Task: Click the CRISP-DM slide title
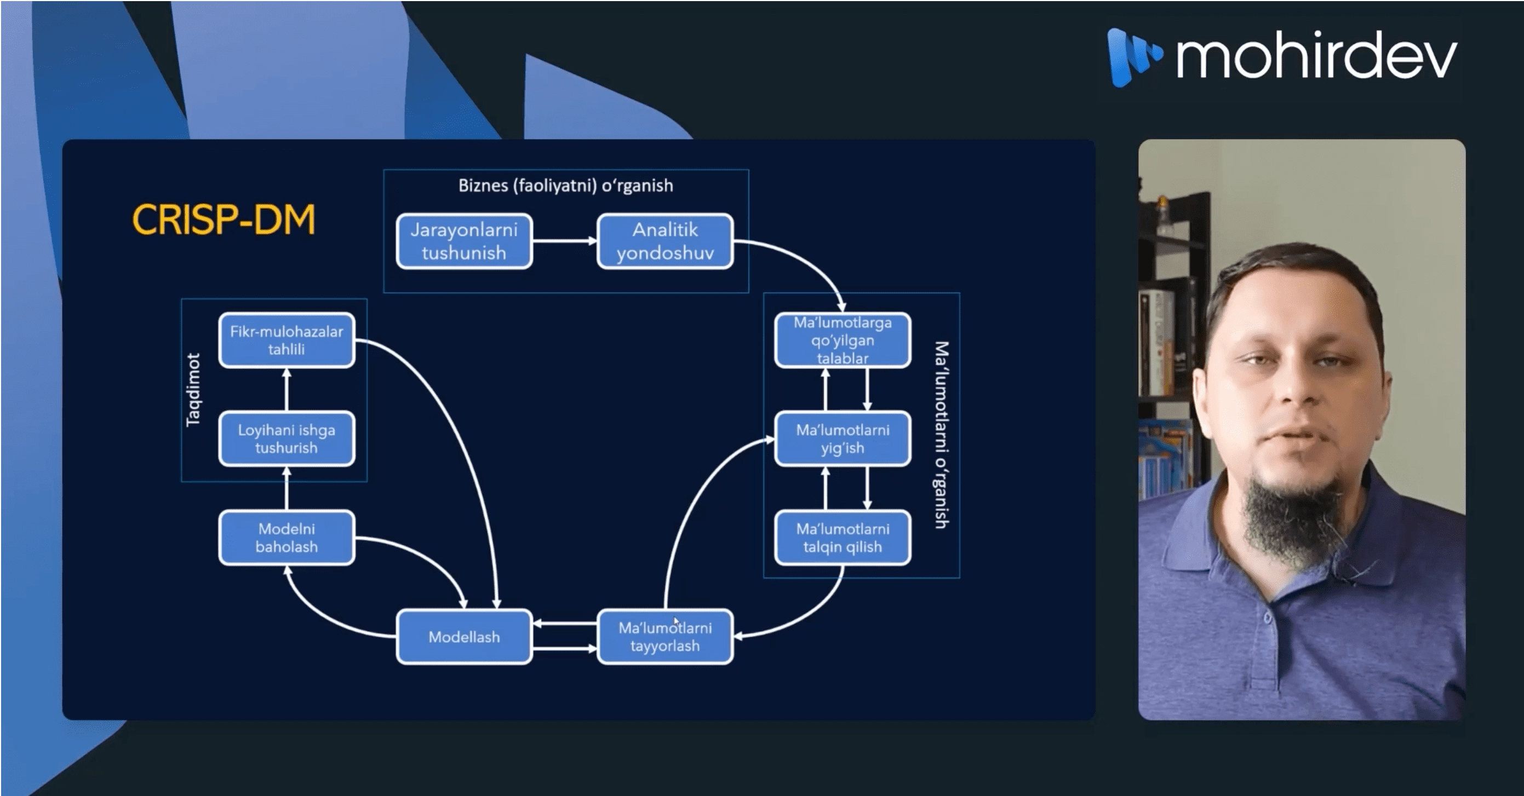(223, 220)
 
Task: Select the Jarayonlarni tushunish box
(464, 241)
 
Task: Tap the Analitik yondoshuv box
(665, 241)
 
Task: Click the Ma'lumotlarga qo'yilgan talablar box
(843, 340)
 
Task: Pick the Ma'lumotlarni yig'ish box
(843, 439)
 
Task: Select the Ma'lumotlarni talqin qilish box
(843, 538)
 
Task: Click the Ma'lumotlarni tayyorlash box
(665, 636)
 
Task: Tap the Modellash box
(464, 636)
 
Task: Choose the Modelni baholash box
(287, 538)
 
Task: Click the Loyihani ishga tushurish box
(287, 439)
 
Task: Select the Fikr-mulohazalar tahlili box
(287, 340)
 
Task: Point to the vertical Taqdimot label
(193, 390)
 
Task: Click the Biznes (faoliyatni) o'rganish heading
(565, 186)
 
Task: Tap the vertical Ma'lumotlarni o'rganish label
(941, 435)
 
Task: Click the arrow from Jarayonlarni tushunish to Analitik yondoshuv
(564, 241)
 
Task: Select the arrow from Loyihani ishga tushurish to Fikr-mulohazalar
(287, 390)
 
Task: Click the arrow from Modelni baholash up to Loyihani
(287, 488)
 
